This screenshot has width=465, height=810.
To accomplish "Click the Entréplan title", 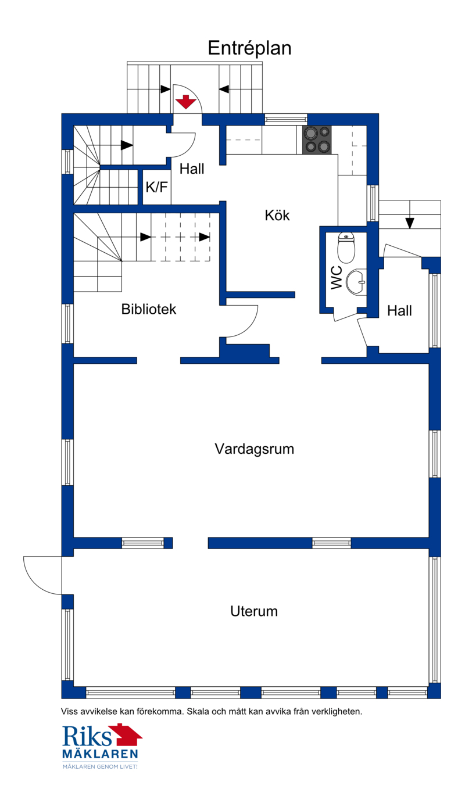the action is click(249, 48).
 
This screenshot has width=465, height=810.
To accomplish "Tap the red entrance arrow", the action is click(186, 102).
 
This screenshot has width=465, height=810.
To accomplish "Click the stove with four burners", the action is click(317, 139).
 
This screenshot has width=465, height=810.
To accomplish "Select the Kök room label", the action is click(277, 216).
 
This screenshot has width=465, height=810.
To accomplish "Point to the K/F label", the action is click(156, 187).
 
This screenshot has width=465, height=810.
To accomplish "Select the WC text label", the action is click(337, 278).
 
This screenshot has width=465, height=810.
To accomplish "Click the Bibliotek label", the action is click(149, 309).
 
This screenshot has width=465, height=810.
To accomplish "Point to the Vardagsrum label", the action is click(254, 449).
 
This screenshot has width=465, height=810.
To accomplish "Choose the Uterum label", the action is click(254, 611).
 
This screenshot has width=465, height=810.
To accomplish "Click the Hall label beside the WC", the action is click(399, 311).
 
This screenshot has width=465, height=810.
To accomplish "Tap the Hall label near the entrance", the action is click(192, 169).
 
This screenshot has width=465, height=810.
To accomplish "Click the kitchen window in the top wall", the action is click(285, 119).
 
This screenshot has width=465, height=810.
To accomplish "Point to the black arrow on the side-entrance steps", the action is click(409, 223).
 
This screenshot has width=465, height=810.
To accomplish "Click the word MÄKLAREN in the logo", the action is click(100, 754).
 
